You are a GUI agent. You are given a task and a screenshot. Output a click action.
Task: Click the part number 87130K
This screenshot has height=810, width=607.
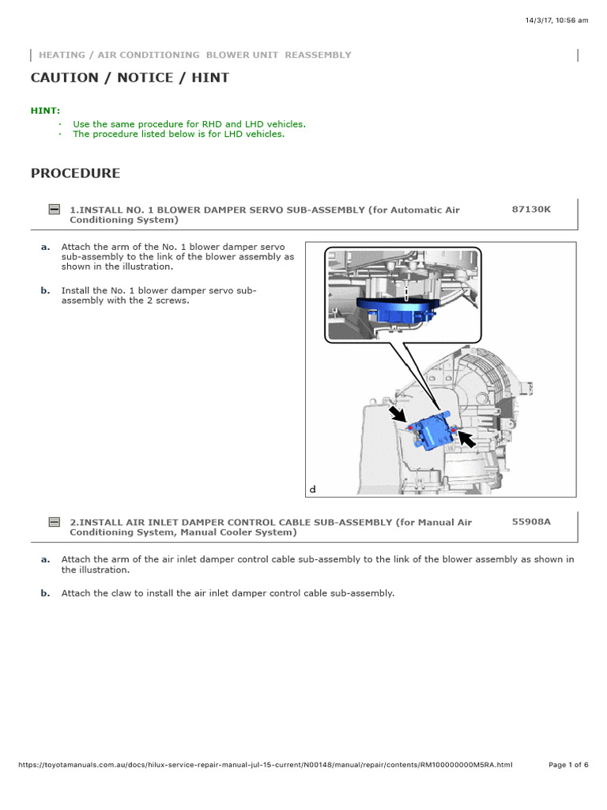tap(531, 210)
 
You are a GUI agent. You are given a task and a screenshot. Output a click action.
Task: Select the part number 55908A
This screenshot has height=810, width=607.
tap(531, 522)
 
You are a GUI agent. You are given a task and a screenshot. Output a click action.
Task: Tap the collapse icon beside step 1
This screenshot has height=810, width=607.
tap(54, 210)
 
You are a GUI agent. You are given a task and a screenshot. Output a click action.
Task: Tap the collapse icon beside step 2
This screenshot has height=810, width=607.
tap(54, 522)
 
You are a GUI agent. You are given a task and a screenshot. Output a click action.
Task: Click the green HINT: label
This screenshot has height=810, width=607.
tap(45, 111)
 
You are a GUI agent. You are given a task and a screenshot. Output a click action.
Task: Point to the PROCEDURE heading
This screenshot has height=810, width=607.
tap(75, 173)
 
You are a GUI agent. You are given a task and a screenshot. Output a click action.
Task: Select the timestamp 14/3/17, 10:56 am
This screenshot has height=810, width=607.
tap(556, 21)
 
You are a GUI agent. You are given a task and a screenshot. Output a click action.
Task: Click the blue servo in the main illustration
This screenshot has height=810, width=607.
tap(434, 430)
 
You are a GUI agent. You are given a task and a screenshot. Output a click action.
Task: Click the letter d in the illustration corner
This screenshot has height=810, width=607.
tap(312, 490)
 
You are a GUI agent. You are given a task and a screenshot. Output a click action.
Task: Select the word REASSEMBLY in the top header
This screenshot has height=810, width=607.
tap(318, 55)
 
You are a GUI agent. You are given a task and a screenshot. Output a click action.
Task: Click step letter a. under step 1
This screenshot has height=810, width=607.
tap(45, 247)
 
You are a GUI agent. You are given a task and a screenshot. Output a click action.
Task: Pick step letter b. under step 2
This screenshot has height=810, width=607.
tap(45, 592)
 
